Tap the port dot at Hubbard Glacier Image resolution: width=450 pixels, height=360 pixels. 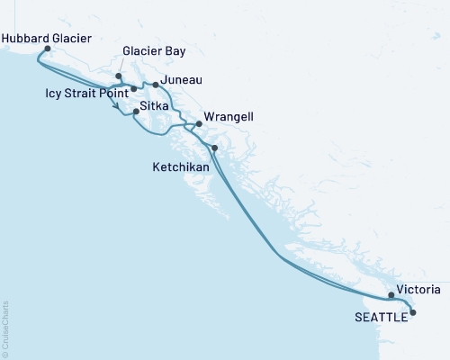47,50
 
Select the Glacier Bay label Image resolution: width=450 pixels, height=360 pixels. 156,53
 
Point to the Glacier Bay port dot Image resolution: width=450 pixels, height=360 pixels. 119,76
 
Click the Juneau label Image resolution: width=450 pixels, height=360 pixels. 180,81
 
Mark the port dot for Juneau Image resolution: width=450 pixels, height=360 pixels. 156,85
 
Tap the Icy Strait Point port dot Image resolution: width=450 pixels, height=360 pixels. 133,88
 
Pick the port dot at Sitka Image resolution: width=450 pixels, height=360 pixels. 136,112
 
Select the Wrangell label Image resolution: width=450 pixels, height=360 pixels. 229,118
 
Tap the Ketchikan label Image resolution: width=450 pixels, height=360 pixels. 180,168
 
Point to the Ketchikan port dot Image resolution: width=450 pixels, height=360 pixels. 214,147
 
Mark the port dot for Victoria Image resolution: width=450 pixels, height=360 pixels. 391,295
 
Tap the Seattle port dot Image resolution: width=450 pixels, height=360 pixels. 413,312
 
